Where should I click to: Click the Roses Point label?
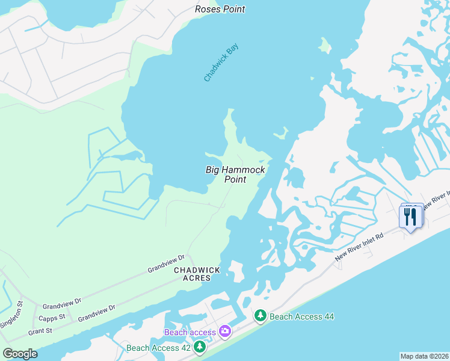220,9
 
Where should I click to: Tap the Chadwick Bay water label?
221,63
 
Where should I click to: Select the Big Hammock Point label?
235,174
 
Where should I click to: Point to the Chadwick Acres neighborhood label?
197,274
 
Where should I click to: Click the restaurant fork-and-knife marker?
411,217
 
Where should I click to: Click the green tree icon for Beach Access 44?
260,315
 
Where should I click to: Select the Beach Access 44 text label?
301,316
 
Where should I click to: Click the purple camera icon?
225,331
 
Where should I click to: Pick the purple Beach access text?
190,332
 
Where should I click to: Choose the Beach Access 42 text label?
158,348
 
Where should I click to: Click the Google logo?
20,354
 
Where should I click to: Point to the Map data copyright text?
424,356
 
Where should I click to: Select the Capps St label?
52,318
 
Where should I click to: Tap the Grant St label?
40,331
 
